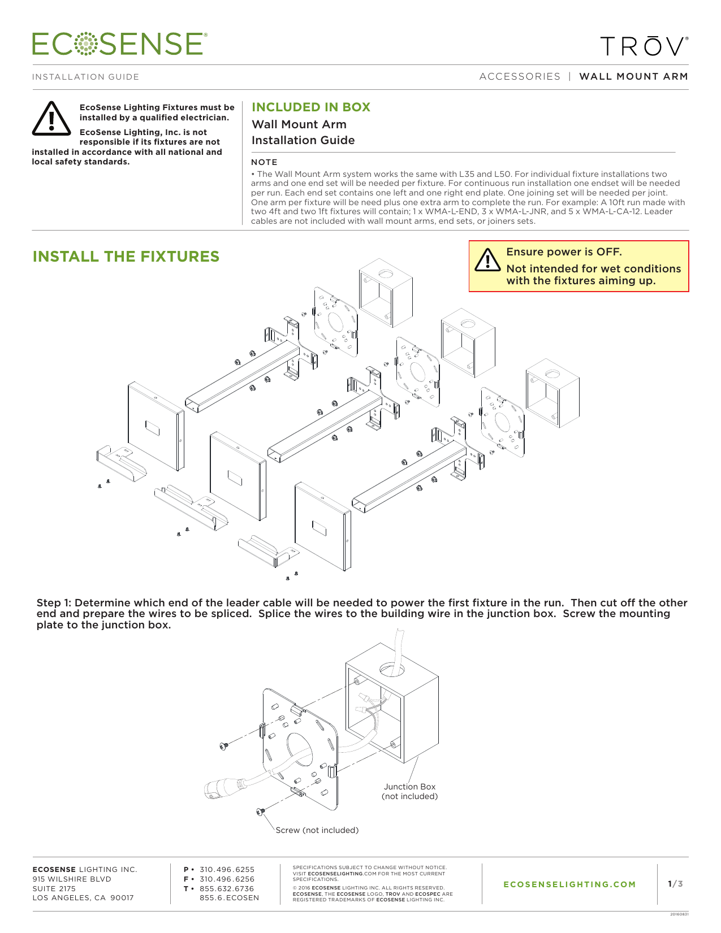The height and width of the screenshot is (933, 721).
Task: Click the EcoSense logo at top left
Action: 119,44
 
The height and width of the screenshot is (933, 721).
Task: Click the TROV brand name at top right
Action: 644,47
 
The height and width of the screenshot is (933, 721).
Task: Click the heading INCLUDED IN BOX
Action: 310,107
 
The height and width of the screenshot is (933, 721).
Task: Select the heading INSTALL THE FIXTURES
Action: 126,257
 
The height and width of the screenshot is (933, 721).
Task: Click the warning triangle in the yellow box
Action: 487,260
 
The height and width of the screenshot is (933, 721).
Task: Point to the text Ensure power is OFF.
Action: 564,252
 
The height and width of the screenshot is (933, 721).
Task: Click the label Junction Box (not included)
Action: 409,791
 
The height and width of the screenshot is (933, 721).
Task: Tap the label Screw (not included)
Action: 317,830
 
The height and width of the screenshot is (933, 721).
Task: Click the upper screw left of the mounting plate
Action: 223,747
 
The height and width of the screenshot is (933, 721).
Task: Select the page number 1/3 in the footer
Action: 675,884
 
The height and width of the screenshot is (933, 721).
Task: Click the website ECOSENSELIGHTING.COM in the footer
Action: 569,884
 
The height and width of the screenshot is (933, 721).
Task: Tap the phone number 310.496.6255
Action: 227,869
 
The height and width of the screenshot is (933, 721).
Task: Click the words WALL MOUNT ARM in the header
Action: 633,76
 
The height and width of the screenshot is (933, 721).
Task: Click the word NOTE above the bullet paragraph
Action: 264,162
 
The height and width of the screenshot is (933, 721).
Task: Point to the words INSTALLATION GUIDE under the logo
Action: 85,77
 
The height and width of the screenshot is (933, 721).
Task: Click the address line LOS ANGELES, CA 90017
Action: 83,897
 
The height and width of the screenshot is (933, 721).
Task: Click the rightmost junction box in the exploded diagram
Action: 552,393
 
